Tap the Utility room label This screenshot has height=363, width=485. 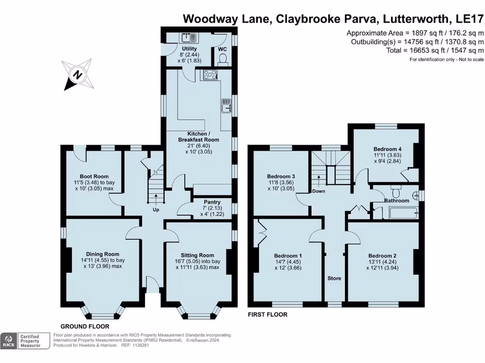coord(189,49)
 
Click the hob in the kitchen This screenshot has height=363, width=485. coord(210,74)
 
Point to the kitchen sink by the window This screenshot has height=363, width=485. coord(226,106)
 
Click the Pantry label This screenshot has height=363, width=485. coord(212,202)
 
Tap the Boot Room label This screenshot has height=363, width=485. coord(94,176)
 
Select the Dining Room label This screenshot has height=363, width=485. coord(102,254)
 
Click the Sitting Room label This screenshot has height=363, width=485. coord(198,255)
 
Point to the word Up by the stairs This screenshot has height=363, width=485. coord(156,210)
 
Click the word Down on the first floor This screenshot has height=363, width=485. coord(319,191)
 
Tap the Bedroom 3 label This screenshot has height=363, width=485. coord(281,176)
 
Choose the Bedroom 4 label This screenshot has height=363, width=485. coord(387,149)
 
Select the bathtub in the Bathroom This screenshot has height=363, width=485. coord(404,213)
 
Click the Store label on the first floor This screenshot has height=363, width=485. coord(334,278)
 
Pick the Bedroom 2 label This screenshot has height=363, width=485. coord(382,256)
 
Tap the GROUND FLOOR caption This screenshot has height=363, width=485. coord(85,326)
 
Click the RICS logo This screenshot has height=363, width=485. coord(9,341)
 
